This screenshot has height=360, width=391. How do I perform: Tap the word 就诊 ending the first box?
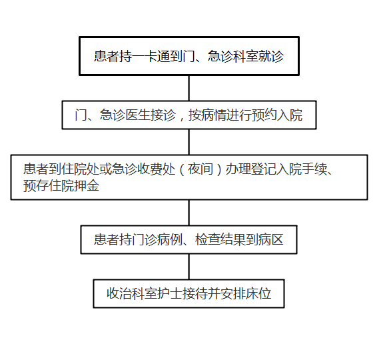click(271, 56)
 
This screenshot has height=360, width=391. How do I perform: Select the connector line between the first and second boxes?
click(189, 88)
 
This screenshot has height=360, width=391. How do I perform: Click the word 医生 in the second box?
click(137, 115)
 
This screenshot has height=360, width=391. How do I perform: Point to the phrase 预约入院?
click(277, 115)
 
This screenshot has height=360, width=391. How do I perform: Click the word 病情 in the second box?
click(214, 115)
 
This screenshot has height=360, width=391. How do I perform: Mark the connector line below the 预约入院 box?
click(189, 142)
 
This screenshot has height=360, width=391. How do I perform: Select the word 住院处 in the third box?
click(80, 169)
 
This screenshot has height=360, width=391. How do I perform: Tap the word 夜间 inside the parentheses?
click(200, 169)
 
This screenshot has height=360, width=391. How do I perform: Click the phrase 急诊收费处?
click(143, 169)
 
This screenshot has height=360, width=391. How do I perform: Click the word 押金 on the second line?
click(87, 185)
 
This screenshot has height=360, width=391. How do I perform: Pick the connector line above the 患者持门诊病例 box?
click(189, 213)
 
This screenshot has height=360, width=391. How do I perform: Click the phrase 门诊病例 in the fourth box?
click(157, 239)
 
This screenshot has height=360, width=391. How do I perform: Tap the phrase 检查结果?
click(220, 239)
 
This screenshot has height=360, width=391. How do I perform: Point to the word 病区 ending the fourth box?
click(271, 239)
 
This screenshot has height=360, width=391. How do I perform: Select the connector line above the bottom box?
click(189, 267)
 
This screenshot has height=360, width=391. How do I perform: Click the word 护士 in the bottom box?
click(170, 293)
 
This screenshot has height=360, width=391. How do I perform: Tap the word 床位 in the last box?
click(258, 293)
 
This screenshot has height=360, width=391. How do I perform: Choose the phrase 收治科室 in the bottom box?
click(132, 293)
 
